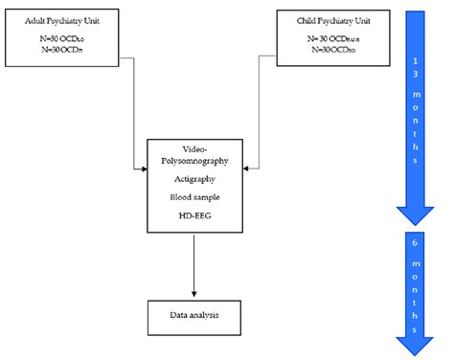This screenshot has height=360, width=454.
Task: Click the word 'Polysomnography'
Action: coord(196,163)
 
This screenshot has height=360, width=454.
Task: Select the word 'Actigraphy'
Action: coord(195,178)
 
